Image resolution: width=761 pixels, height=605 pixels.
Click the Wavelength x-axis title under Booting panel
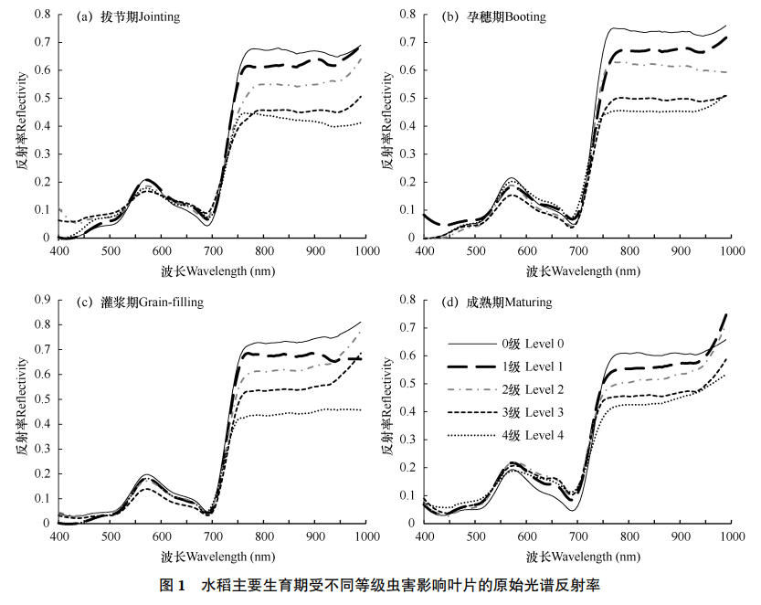coord(577,271)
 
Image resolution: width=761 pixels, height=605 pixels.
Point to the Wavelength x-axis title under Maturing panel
coord(577,556)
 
